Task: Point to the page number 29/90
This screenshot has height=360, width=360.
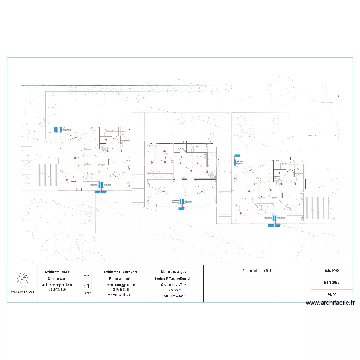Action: tap(331, 295)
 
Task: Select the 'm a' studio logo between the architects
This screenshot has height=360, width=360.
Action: tap(86, 281)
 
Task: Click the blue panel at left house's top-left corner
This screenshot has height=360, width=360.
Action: tap(58, 129)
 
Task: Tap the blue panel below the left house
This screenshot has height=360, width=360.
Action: tap(100, 192)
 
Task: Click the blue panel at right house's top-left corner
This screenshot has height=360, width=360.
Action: tap(235, 156)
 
